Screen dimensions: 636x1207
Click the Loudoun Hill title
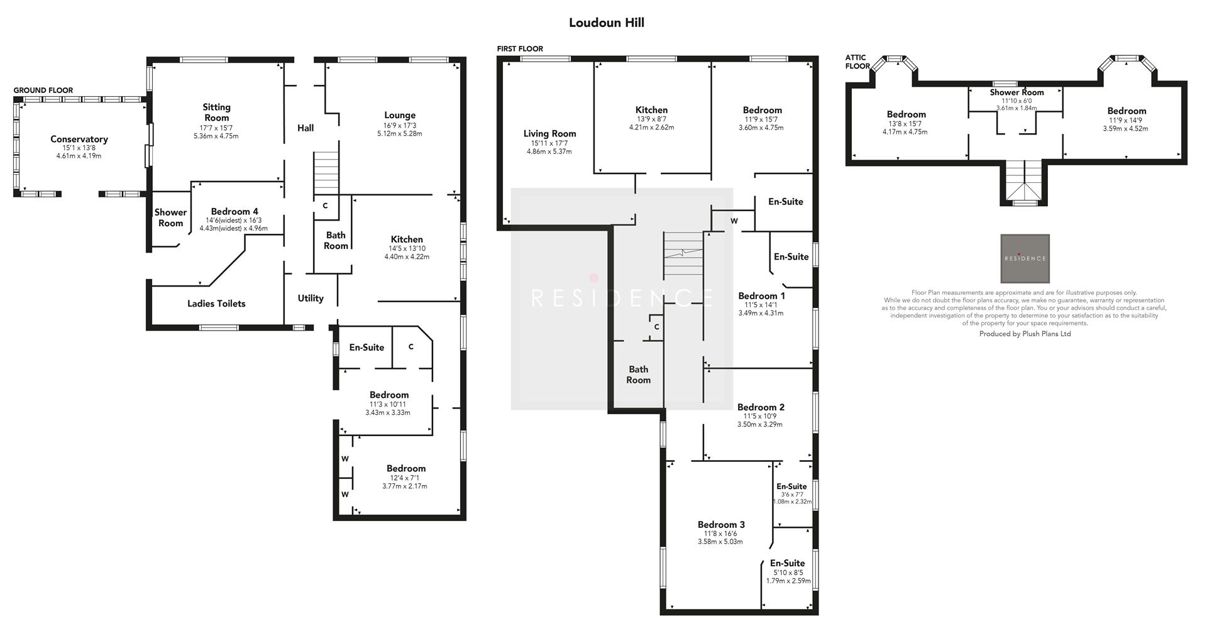click(x=606, y=23)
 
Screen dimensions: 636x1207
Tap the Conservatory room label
click(x=79, y=140)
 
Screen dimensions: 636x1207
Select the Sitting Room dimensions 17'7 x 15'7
click(x=216, y=128)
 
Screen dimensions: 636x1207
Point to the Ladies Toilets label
click(x=216, y=304)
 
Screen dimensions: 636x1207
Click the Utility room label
click(x=311, y=299)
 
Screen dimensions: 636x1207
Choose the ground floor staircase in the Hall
click(x=326, y=175)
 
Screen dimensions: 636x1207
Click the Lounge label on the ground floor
click(x=400, y=116)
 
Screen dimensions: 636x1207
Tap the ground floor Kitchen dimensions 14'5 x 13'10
click(x=407, y=248)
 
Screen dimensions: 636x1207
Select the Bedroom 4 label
click(x=234, y=212)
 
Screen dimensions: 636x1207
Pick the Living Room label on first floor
click(x=549, y=134)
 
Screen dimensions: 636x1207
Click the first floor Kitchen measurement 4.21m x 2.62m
click(x=651, y=127)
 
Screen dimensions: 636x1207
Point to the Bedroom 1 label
click(x=761, y=296)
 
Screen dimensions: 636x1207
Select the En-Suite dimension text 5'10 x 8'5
click(x=788, y=573)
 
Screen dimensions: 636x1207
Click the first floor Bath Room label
click(x=638, y=375)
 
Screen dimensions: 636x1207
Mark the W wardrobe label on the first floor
click(x=734, y=221)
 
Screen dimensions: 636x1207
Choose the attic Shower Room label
click(x=1017, y=92)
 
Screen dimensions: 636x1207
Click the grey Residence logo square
click(x=1025, y=258)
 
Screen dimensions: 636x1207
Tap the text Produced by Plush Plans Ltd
click(x=1025, y=334)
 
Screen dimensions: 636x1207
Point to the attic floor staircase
click(x=1025, y=181)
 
